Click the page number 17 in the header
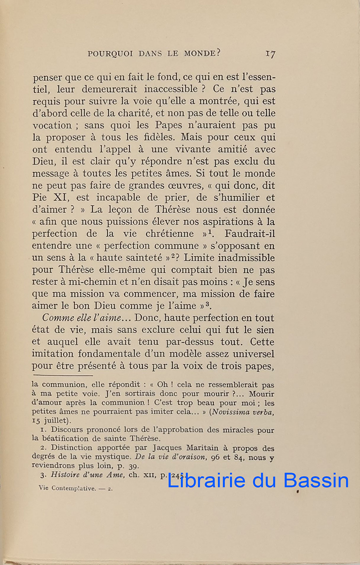pos(270,54)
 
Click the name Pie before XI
pos(41,198)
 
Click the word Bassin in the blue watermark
pos(316,480)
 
